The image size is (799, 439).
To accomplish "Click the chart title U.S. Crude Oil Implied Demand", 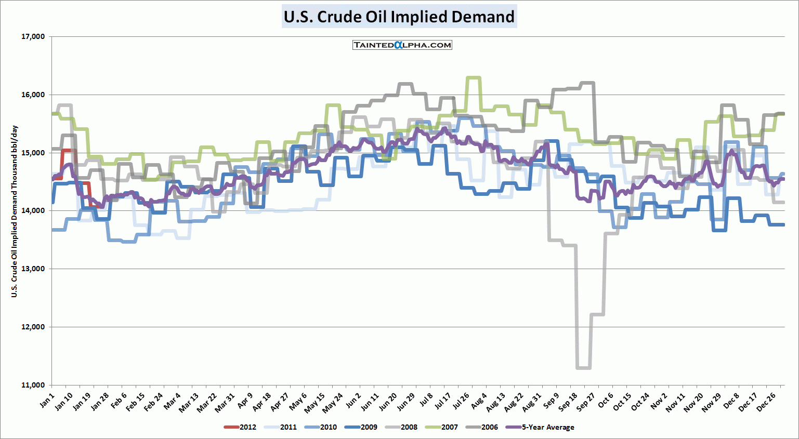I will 399,17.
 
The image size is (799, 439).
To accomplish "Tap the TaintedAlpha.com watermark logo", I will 402,45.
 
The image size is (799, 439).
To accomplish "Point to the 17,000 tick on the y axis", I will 33,37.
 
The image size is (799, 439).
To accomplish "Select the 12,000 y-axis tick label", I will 33,327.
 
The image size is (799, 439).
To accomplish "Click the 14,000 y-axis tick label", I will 33,211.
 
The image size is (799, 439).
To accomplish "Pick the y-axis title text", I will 15,211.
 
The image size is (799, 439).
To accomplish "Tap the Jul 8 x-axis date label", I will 426,401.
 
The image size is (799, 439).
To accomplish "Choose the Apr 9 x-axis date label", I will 244,401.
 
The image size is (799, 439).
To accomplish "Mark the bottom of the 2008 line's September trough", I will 583,368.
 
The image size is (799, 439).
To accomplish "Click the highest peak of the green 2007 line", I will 473,78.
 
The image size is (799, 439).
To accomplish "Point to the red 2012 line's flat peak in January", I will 68,150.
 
